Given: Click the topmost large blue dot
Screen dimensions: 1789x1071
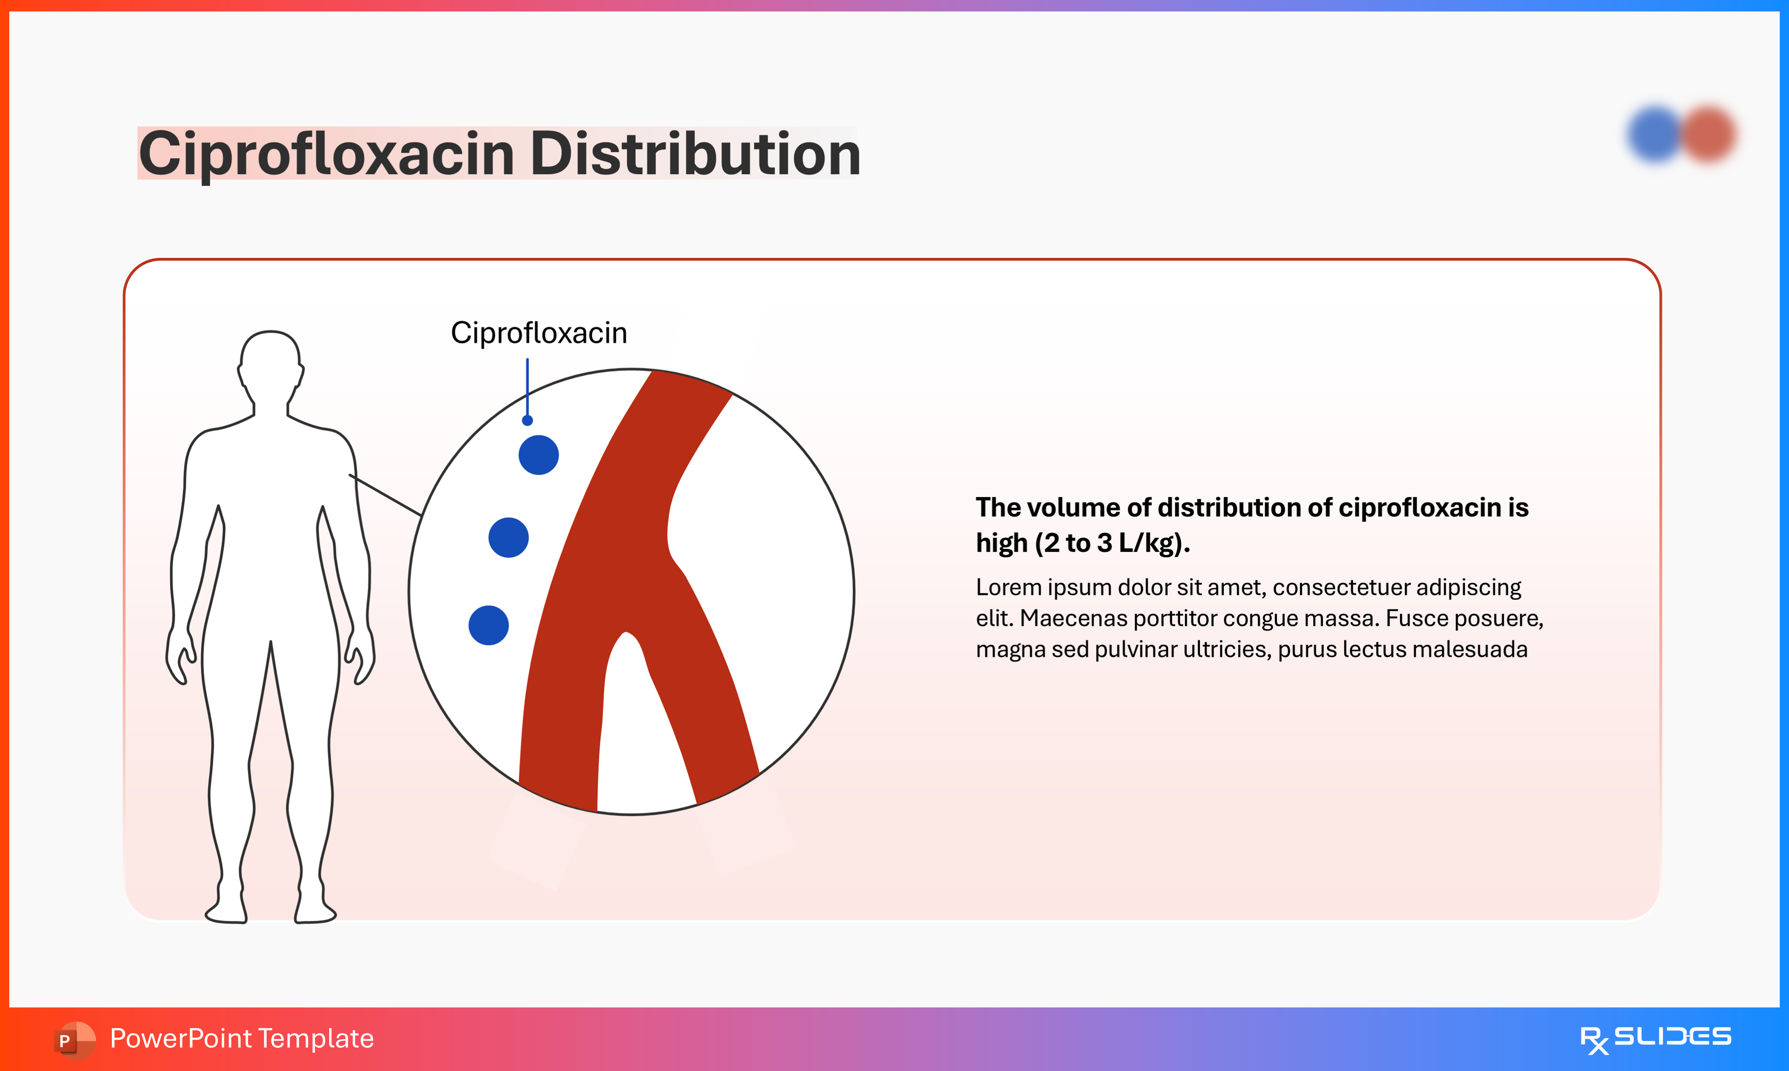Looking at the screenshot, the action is coord(539,455).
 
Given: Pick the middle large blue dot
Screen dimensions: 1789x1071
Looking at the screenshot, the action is coord(508,538).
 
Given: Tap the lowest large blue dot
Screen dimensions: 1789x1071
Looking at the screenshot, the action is coord(488,625).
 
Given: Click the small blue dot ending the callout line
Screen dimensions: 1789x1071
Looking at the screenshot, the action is coord(527,420).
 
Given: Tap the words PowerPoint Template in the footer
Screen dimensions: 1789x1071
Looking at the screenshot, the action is coord(241,1038).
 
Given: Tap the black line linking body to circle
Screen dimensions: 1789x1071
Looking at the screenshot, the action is coord(385,495).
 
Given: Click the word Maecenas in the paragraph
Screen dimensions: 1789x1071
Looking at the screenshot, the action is coord(1073,618).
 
